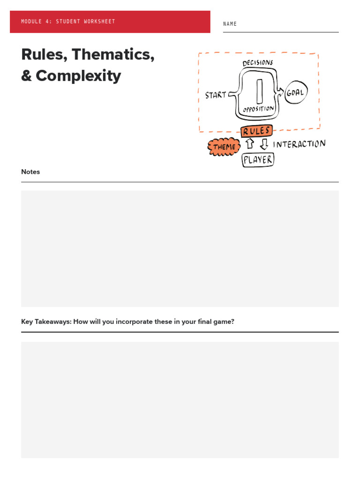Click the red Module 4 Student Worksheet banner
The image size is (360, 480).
tap(110, 22)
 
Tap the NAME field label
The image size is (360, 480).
tap(230, 24)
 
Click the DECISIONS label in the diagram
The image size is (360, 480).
tap(257, 63)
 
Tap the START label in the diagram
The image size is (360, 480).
tap(216, 95)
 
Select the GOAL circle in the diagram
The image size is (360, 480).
tap(296, 93)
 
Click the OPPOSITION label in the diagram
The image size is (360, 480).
tap(258, 109)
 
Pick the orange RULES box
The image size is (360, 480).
tap(256, 131)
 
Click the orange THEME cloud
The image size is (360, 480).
tap(224, 147)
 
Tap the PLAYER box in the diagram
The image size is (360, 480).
tap(257, 160)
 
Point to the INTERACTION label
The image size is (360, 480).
tap(299, 144)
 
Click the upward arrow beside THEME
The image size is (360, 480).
tap(250, 144)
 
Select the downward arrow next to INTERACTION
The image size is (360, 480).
tap(264, 144)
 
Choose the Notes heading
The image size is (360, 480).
tap(30, 172)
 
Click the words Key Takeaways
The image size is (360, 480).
tap(46, 322)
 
